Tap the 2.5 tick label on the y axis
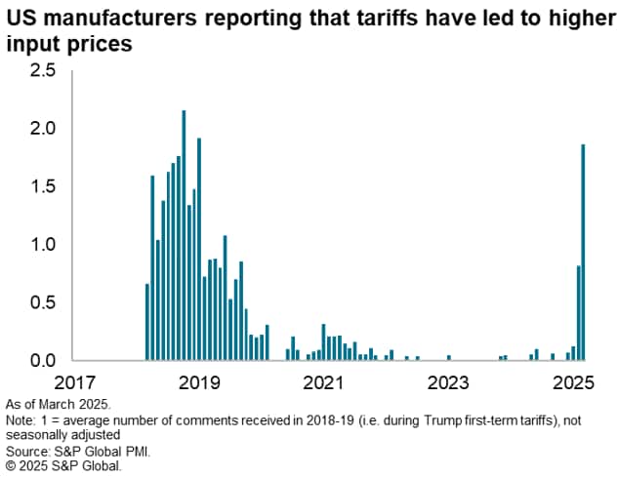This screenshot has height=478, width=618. point(43,71)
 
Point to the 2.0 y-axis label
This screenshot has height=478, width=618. point(43,129)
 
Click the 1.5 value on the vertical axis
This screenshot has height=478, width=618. point(43,186)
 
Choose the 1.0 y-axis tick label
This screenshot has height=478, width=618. point(43,244)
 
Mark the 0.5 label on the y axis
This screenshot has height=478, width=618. point(43,302)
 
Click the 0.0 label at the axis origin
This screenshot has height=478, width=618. point(43,360)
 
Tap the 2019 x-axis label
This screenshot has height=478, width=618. point(199,382)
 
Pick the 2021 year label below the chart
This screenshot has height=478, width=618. point(322,382)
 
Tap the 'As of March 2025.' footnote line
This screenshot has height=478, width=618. point(60,403)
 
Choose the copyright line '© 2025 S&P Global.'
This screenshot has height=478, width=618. point(63,466)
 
